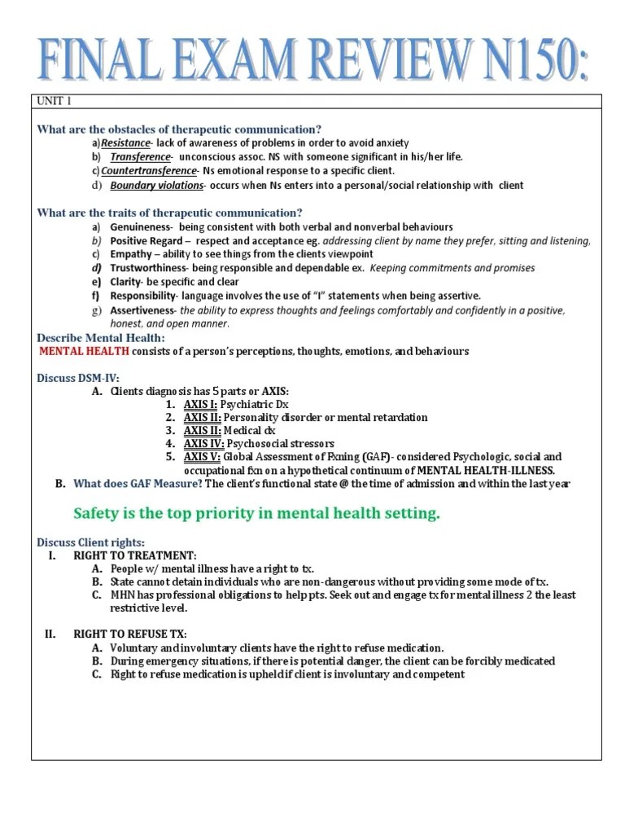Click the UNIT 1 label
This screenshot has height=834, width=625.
click(55, 102)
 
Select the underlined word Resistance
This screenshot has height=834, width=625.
click(126, 143)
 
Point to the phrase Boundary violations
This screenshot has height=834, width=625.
click(157, 185)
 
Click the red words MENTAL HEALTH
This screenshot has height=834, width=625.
click(85, 351)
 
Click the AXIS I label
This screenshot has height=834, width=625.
click(200, 404)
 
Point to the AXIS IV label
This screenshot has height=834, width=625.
click(203, 444)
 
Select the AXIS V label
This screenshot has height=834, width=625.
click(202, 457)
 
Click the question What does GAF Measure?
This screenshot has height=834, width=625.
click(138, 484)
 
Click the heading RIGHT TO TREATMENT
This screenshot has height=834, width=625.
click(134, 555)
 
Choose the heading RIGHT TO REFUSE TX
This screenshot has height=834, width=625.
click(130, 634)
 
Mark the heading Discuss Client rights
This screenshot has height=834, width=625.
click(91, 542)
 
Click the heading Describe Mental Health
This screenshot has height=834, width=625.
click(101, 337)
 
